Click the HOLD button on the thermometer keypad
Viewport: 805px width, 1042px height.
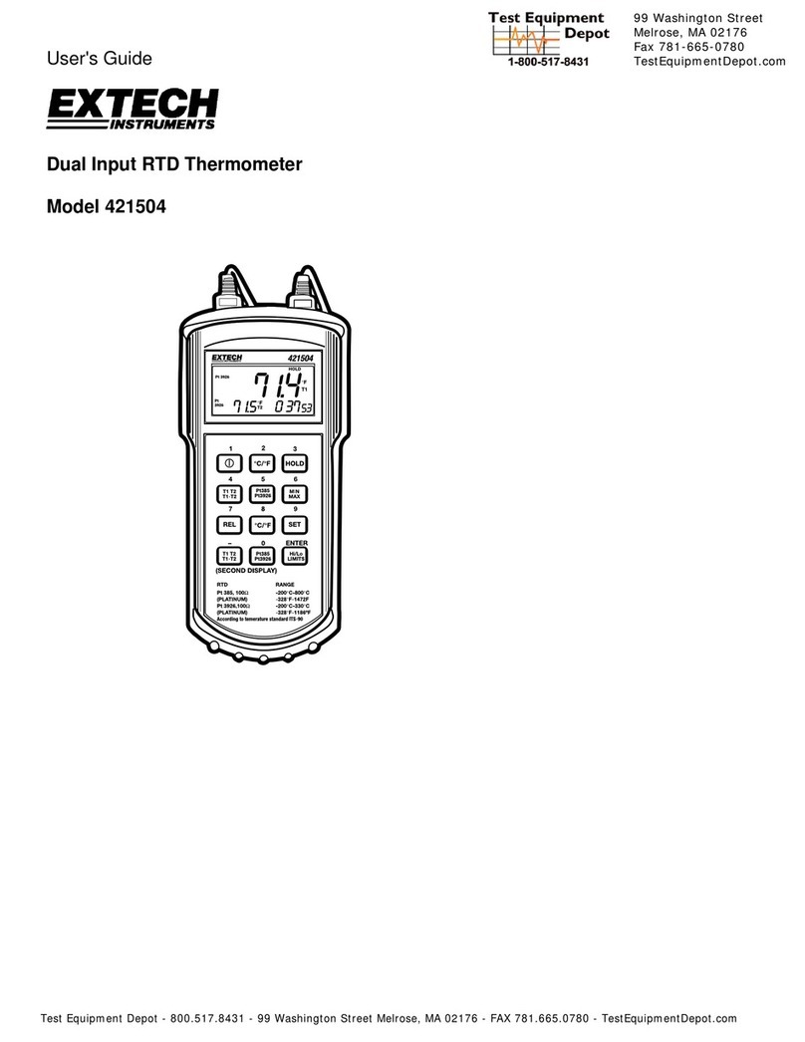point(294,463)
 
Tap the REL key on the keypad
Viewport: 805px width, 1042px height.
point(229,524)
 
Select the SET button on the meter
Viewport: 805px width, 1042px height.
point(294,524)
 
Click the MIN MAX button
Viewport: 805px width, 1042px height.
point(294,493)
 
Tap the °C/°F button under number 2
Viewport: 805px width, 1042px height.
point(262,463)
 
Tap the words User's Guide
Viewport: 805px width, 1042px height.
point(100,59)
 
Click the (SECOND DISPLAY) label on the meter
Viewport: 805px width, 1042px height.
point(247,571)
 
